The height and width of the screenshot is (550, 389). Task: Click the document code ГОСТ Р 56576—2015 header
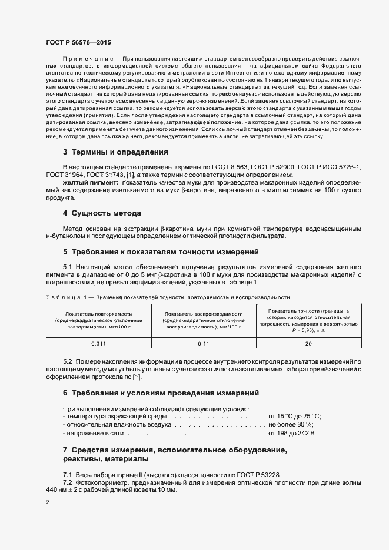click(x=78, y=43)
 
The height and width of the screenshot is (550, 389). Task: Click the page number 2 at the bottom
click(x=47, y=502)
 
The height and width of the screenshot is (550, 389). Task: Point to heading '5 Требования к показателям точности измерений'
click(x=161, y=252)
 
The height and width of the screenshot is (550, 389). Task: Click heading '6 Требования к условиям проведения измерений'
click(x=160, y=393)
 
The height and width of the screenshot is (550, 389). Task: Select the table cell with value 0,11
click(x=203, y=343)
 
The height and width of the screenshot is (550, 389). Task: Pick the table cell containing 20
click(x=308, y=343)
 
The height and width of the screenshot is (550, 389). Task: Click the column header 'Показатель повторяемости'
click(x=98, y=314)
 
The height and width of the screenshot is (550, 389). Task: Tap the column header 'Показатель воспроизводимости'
click(x=204, y=314)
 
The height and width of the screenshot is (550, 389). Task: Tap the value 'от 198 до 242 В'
click(x=292, y=434)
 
